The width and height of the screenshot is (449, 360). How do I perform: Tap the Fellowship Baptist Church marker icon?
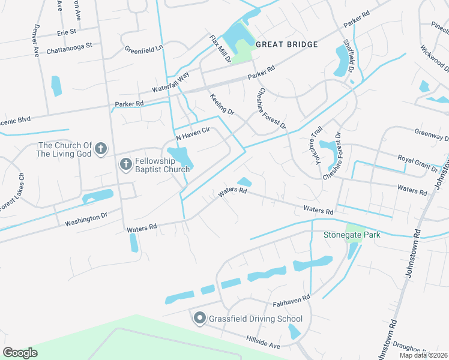pos(125,164)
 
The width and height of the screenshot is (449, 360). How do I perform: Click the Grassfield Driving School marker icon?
pos(200,319)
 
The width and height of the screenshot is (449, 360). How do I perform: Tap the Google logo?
pos(20,353)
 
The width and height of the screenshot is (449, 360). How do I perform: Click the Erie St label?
pos(67,31)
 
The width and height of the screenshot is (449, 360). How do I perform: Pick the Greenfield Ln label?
pos(144,49)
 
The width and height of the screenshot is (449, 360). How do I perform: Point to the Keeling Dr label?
pos(221,104)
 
